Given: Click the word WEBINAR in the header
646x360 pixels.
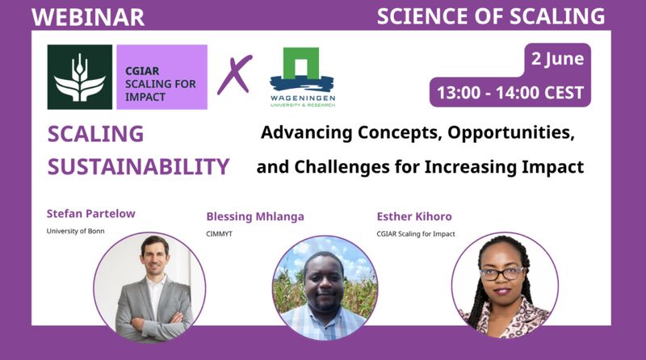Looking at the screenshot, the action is [x=88, y=17].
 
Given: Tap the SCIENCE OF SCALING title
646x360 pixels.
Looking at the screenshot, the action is [x=491, y=16].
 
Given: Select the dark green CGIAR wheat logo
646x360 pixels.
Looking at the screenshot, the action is [x=79, y=77].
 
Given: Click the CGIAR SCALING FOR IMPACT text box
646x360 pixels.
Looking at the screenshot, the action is [x=162, y=77].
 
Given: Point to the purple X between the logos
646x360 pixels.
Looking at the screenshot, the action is [x=234, y=74].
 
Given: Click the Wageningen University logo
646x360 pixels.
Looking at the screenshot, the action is [x=302, y=77].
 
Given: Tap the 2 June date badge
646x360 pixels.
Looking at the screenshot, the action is [x=557, y=58].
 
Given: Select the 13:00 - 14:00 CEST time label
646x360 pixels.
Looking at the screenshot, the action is [x=510, y=92].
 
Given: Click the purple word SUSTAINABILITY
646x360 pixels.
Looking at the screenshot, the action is [x=138, y=166].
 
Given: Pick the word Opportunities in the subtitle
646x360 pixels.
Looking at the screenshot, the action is [x=511, y=132].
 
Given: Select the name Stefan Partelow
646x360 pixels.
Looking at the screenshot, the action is [x=90, y=213].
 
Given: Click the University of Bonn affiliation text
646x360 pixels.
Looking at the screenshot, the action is [x=75, y=231].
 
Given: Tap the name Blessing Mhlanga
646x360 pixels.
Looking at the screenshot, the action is [x=255, y=216].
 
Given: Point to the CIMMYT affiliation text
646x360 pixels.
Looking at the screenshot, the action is [x=219, y=233].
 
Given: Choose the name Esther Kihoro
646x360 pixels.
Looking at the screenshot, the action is [x=414, y=216].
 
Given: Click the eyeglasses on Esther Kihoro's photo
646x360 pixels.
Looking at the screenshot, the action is [x=501, y=274].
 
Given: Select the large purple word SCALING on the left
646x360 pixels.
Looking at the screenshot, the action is [x=95, y=134].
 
